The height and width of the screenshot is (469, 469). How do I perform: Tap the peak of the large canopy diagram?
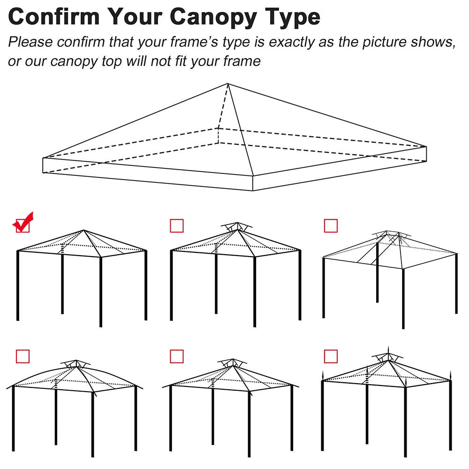[228, 84]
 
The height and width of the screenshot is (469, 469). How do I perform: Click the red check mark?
[23, 222]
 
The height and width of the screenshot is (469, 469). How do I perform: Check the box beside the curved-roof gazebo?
[23, 356]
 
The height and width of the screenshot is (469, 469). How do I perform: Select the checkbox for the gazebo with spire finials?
[331, 356]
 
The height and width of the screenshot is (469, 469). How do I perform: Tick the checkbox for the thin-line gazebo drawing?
[331, 226]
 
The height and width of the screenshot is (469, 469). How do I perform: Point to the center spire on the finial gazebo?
[388, 351]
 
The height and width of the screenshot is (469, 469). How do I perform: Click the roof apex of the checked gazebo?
[84, 230]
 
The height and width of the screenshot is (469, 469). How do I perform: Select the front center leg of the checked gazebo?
[100, 291]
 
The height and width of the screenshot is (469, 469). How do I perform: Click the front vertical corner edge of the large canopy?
[253, 183]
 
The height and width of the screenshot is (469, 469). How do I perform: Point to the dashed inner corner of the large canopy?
[218, 128]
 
